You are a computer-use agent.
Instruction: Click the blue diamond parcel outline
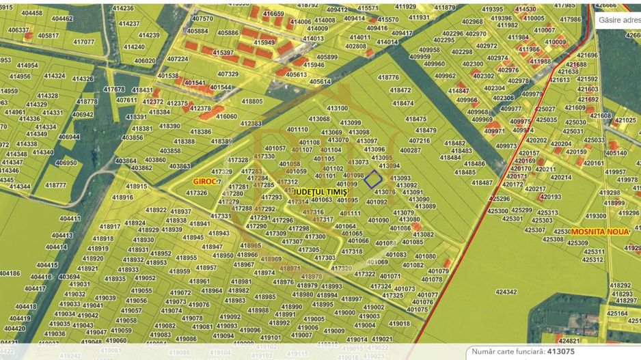(373, 180)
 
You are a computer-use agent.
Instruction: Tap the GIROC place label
(205, 182)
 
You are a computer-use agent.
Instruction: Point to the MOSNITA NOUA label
(599, 232)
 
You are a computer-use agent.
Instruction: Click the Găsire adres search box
(618, 20)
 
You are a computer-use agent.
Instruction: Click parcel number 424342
(506, 292)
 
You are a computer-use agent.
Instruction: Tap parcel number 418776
(387, 78)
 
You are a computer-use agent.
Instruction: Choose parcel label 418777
(55, 185)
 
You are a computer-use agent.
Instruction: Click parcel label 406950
(66, 163)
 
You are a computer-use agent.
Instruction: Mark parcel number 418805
(251, 101)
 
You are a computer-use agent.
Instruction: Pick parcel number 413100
(337, 109)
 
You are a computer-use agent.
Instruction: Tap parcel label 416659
(273, 14)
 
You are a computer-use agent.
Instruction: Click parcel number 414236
(122, 8)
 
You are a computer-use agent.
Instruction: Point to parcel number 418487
(482, 183)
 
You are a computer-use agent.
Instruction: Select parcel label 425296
(499, 199)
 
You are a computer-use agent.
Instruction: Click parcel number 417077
(83, 42)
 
